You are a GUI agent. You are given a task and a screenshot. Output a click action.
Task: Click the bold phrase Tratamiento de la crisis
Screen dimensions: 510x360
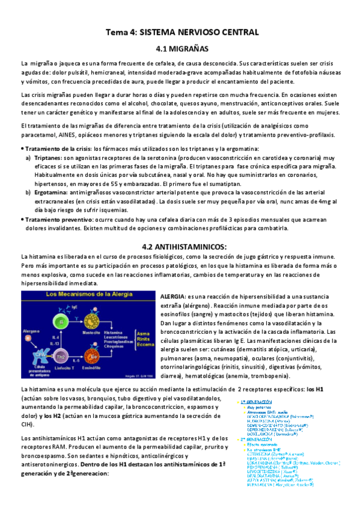[58, 149]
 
